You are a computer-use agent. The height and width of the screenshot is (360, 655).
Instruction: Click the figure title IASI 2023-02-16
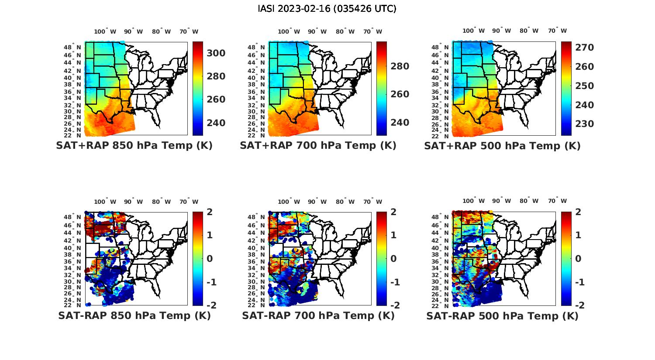pos(327,8)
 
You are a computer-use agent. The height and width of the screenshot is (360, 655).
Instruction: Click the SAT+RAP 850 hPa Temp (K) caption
pos(134,145)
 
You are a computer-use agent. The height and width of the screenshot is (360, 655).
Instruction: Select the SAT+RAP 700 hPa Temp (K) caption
pos(318,145)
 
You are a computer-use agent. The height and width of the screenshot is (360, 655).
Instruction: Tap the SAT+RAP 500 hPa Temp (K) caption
pos(502,146)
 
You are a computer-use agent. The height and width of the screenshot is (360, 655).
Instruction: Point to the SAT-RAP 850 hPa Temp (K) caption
pos(134,315)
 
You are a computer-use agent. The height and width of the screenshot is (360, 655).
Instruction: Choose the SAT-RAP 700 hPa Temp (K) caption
pos(318,315)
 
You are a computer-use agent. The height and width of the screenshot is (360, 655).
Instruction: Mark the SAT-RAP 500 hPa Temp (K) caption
pos(502,316)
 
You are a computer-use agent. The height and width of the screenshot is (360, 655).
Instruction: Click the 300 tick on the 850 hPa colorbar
pos(216,53)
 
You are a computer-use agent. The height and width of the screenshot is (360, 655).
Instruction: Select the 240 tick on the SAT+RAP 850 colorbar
pos(216,123)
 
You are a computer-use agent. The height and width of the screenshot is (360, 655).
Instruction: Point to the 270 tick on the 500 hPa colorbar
pos(585,48)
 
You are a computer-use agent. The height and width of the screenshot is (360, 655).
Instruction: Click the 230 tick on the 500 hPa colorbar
pos(585,124)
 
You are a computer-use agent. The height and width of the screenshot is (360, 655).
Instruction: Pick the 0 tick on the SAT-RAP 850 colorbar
pos(210,259)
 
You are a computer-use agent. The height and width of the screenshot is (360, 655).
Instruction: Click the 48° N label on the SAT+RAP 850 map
pos(72,47)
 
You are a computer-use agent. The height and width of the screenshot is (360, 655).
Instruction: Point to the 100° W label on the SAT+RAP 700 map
pos(289,31)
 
